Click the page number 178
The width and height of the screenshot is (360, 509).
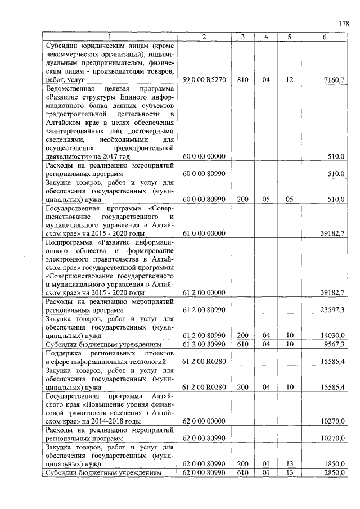(344, 24)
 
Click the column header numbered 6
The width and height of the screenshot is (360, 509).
(325, 37)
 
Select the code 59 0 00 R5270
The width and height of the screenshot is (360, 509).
(204, 80)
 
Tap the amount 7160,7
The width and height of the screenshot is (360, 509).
(334, 80)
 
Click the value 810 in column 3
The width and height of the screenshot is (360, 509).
(242, 80)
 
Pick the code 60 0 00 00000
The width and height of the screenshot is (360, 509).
(204, 156)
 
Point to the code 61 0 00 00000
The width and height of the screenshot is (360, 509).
(204, 233)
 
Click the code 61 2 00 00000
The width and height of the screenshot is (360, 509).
(204, 292)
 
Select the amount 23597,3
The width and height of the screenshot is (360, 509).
(332, 310)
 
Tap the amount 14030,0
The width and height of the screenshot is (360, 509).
(332, 335)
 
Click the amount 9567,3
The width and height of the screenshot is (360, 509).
(334, 344)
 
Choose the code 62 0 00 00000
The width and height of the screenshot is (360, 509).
(204, 421)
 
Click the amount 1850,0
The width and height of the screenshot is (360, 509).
(334, 463)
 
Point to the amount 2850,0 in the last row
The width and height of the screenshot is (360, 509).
(334, 472)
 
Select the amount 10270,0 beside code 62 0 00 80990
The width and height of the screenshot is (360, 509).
(332, 438)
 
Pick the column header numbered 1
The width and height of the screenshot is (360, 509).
(110, 37)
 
